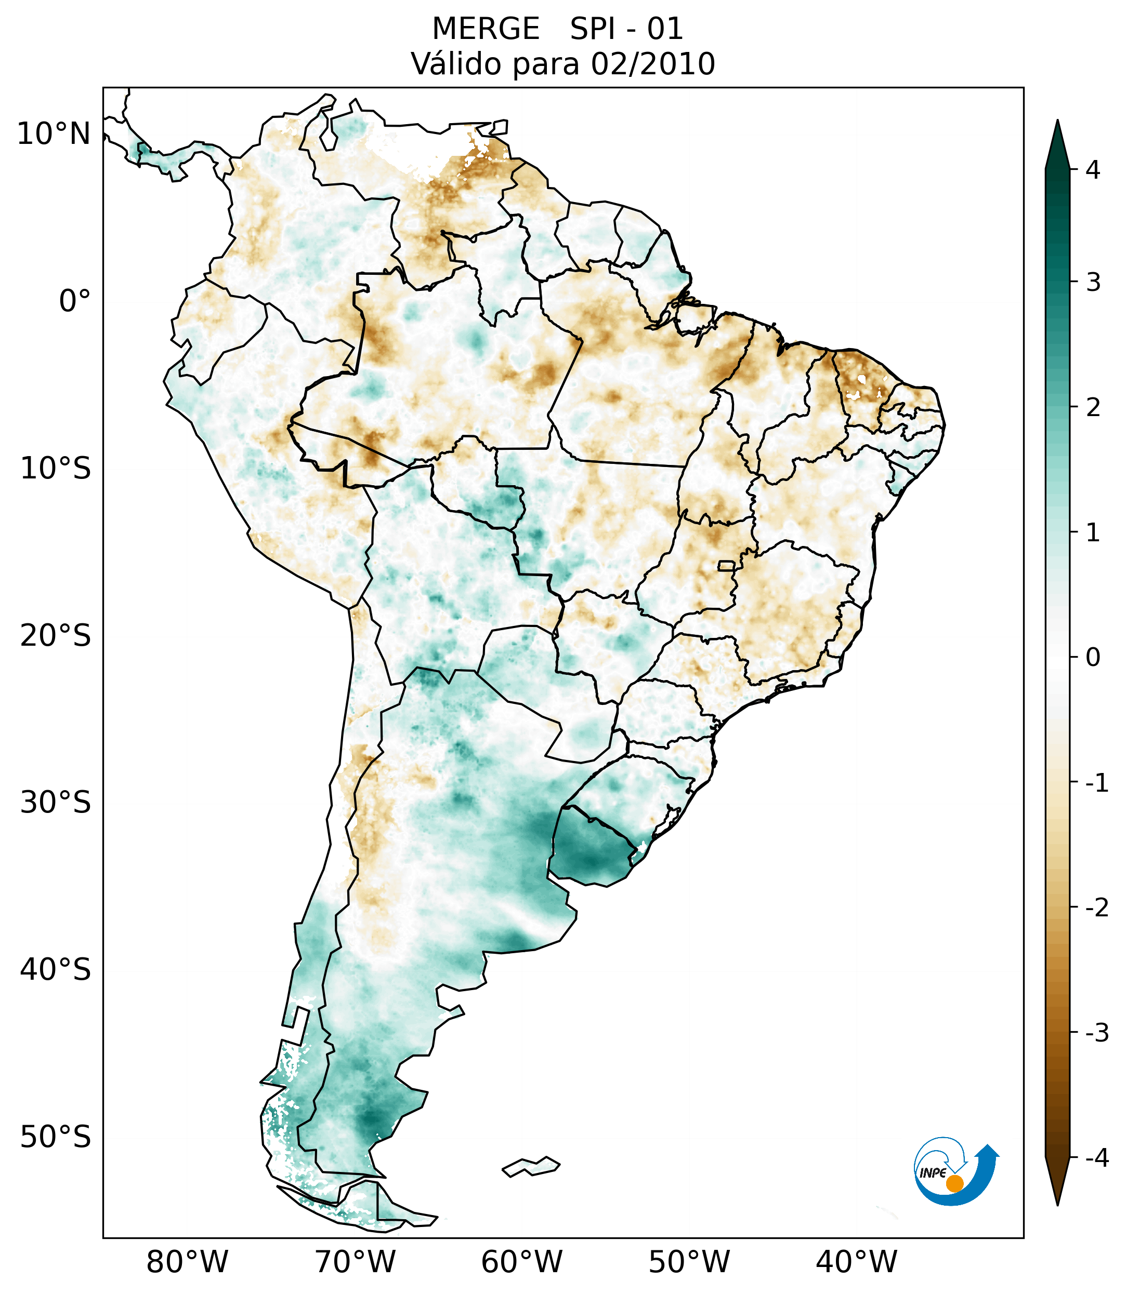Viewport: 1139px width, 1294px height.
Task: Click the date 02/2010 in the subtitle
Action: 652,64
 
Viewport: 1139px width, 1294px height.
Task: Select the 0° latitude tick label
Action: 75,301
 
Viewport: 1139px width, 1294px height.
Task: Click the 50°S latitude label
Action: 56,1137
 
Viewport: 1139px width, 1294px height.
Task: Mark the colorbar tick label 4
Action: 1093,170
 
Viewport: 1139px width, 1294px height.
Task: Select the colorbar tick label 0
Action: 1093,658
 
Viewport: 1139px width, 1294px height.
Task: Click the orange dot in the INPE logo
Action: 954,1183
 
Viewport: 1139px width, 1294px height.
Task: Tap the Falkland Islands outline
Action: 531,1166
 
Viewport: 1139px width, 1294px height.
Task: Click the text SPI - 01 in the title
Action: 626,29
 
